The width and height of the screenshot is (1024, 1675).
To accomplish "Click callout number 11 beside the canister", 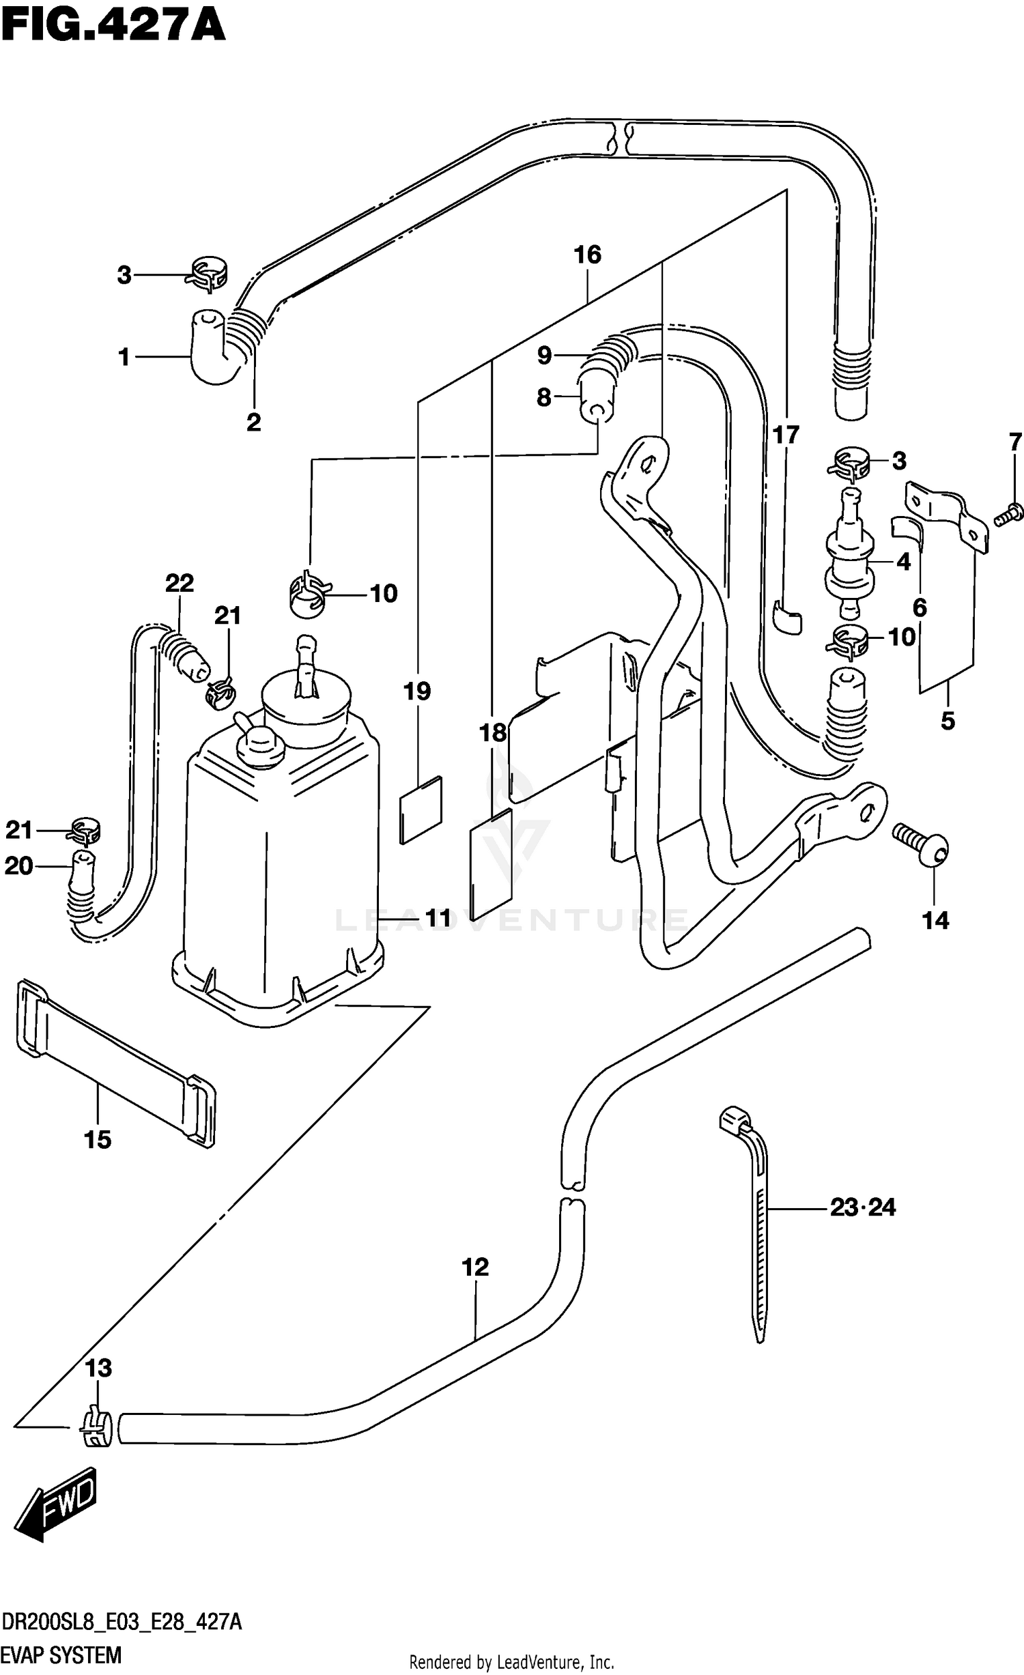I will click(x=437, y=919).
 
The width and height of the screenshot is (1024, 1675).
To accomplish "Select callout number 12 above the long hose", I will click(x=475, y=1268).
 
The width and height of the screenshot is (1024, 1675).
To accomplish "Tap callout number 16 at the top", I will click(x=587, y=255).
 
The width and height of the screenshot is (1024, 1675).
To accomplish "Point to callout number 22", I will click(x=180, y=583).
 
